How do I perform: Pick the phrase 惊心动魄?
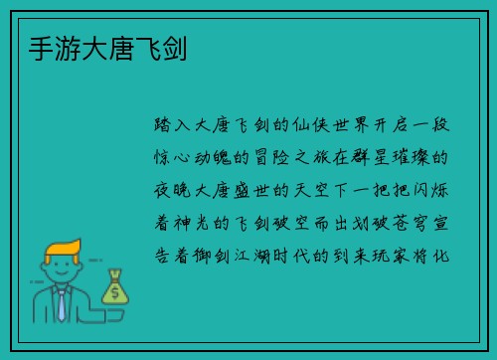pyautogui.click(x=197, y=158)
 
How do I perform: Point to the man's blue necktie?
pyautogui.click(x=62, y=304)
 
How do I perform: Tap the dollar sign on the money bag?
pyautogui.click(x=114, y=293)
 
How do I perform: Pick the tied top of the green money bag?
pyautogui.click(x=115, y=275)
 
